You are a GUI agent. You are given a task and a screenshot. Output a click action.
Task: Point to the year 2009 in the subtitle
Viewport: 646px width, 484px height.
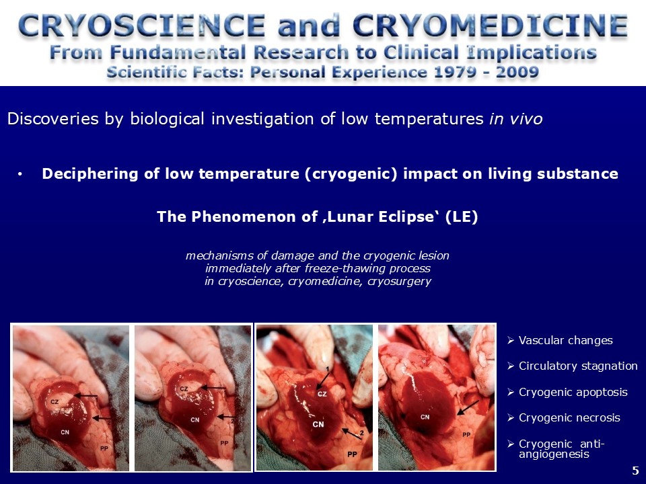[x=517, y=73]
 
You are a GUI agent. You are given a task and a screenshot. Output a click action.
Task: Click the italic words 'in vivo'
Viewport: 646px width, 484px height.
[x=516, y=119]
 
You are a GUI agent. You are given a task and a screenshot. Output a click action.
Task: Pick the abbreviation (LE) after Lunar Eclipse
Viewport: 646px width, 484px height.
[x=462, y=216]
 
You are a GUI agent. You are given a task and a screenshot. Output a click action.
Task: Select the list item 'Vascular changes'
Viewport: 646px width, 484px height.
[x=565, y=340]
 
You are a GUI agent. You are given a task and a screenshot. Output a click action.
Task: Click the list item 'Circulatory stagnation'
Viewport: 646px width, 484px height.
[x=578, y=366]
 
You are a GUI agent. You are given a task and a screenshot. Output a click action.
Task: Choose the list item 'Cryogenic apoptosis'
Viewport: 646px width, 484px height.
[x=573, y=392]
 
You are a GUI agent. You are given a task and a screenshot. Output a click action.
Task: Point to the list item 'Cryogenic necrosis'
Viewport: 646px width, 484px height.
[x=569, y=417]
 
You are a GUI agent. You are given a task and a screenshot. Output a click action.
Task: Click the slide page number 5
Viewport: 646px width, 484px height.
[x=635, y=471]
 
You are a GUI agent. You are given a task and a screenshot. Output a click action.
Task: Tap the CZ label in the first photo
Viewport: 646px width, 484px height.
[x=55, y=402]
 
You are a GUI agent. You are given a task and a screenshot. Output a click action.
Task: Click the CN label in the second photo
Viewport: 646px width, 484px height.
[x=195, y=419]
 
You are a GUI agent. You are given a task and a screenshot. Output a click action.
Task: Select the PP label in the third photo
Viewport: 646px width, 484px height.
[x=352, y=454]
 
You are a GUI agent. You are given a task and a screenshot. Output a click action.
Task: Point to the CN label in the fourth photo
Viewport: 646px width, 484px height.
[x=425, y=417]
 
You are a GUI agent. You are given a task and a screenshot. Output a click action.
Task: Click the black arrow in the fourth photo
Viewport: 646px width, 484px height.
[x=468, y=407]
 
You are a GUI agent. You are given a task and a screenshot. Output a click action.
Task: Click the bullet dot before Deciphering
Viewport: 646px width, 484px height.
[x=20, y=175]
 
